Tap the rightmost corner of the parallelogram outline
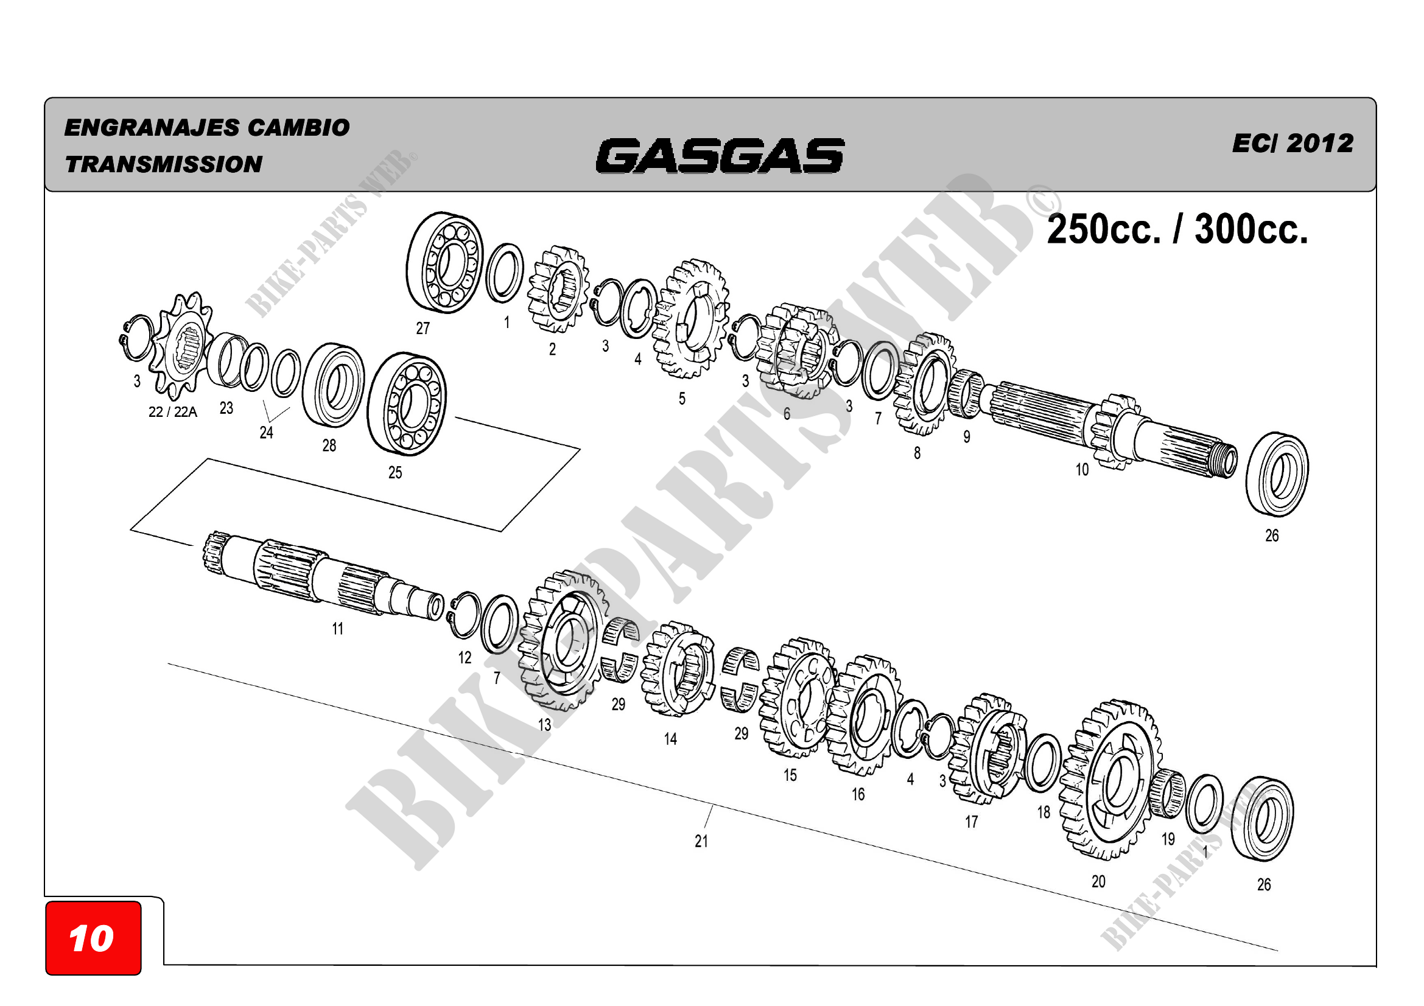pyautogui.click(x=581, y=449)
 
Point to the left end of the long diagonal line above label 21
pyautogui.click(x=167, y=663)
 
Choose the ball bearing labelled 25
pyautogui.click(x=407, y=404)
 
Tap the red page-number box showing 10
pyautogui.click(x=93, y=938)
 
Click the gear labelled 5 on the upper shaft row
pyautogui.click(x=691, y=319)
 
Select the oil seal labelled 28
pyautogui.click(x=334, y=385)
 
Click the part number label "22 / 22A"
pyautogui.click(x=173, y=412)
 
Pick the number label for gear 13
pyautogui.click(x=544, y=725)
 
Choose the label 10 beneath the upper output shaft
pyautogui.click(x=1082, y=470)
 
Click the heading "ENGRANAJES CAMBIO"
pyautogui.click(x=207, y=128)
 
